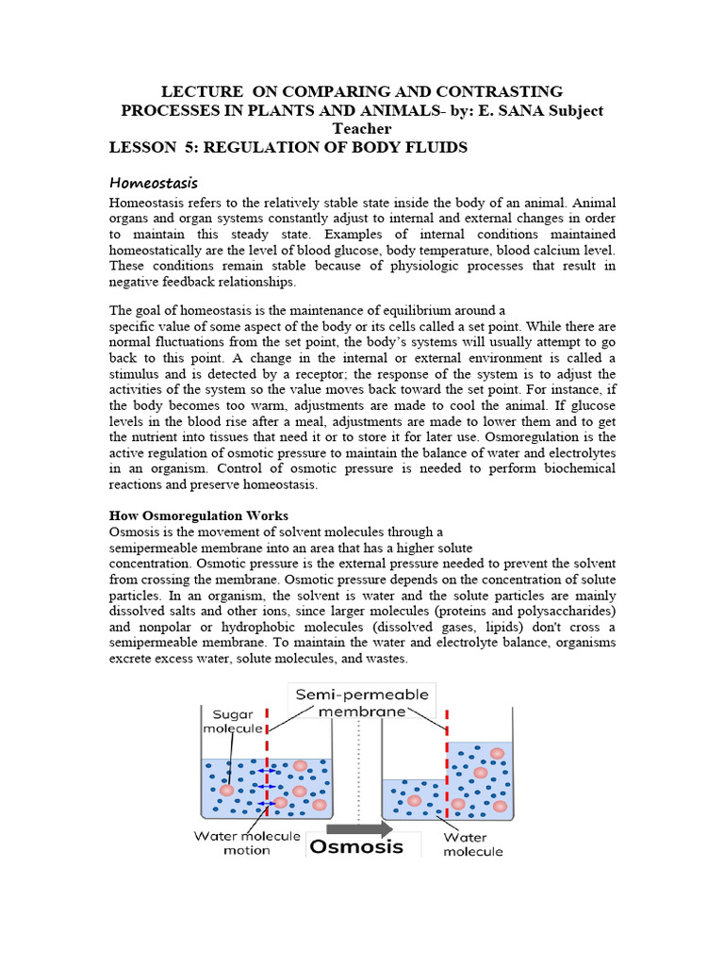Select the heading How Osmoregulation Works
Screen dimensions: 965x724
199,515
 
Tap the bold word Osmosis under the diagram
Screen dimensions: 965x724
356,845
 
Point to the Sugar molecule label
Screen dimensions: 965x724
230,721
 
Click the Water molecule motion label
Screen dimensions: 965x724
247,842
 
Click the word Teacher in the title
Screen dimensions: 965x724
362,129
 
